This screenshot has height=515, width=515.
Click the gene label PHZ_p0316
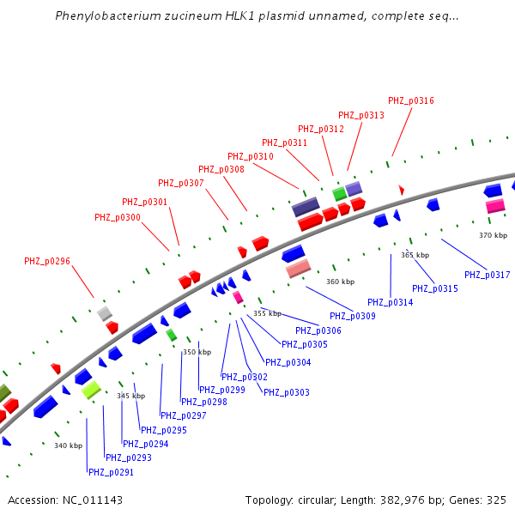pos(411,101)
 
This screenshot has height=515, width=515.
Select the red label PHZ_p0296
pos(47,261)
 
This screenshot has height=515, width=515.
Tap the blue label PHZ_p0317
pos(488,275)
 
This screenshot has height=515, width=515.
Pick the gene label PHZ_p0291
pos(111,472)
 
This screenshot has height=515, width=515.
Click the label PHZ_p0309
pos(353,316)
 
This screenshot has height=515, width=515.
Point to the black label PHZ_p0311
pos(284,142)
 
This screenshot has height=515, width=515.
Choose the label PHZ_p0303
pos(286,392)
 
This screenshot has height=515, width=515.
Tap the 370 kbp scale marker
pos(493,235)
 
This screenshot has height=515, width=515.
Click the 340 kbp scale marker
pos(69,445)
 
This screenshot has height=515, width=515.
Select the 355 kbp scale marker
pos(267,313)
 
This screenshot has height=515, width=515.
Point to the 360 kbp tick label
pos(340,282)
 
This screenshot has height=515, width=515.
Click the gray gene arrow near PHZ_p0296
pos(105,312)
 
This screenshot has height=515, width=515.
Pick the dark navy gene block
pos(306,207)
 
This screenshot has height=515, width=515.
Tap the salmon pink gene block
pos(298,270)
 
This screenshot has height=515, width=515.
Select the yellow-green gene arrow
pos(91,390)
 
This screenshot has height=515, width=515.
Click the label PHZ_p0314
pos(390,302)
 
